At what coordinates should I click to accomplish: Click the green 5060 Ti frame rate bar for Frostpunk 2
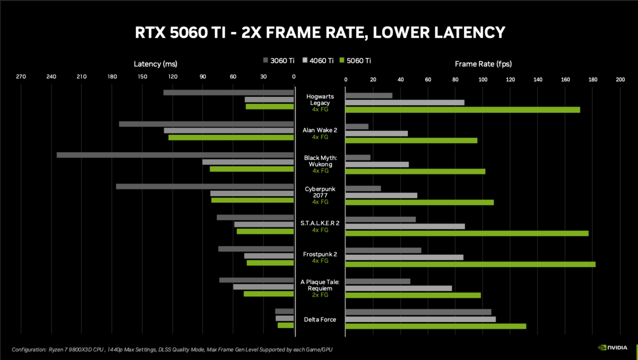[x=470, y=264]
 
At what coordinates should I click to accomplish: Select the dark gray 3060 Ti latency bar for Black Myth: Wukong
[x=175, y=155]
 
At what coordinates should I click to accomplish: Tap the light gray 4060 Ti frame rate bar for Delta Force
[x=421, y=319]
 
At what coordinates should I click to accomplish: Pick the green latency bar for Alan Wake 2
[x=231, y=137]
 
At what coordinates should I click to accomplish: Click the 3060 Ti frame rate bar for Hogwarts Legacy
[x=368, y=96]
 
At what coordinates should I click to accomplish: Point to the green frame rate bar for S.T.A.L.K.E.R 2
[x=467, y=233]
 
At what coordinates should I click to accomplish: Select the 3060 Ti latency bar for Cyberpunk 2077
[x=205, y=187]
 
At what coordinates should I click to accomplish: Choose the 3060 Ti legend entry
[x=279, y=61]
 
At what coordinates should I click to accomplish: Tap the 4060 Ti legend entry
[x=317, y=61]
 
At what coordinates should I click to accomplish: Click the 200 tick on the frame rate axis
[x=620, y=79]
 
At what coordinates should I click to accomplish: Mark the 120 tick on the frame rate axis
[x=510, y=79]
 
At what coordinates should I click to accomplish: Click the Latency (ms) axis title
[x=155, y=64]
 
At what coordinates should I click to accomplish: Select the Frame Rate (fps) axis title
[x=483, y=64]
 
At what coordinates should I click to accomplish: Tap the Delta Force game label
[x=320, y=319]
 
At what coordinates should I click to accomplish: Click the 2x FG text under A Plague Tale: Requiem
[x=320, y=295]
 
